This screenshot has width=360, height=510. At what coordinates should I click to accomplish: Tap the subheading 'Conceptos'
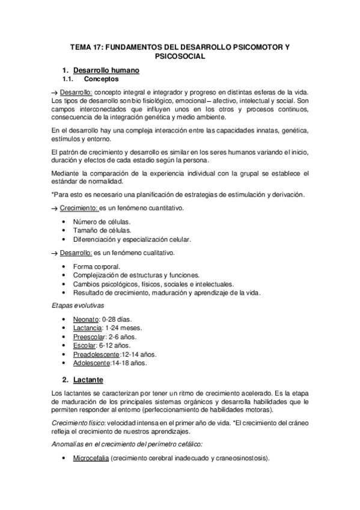tap(101, 79)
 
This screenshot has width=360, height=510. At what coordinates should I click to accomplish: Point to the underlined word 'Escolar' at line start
tap(84, 346)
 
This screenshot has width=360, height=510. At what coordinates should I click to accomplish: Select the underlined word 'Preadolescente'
tap(96, 355)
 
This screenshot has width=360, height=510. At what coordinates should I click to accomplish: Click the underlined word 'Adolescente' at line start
tap(91, 364)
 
